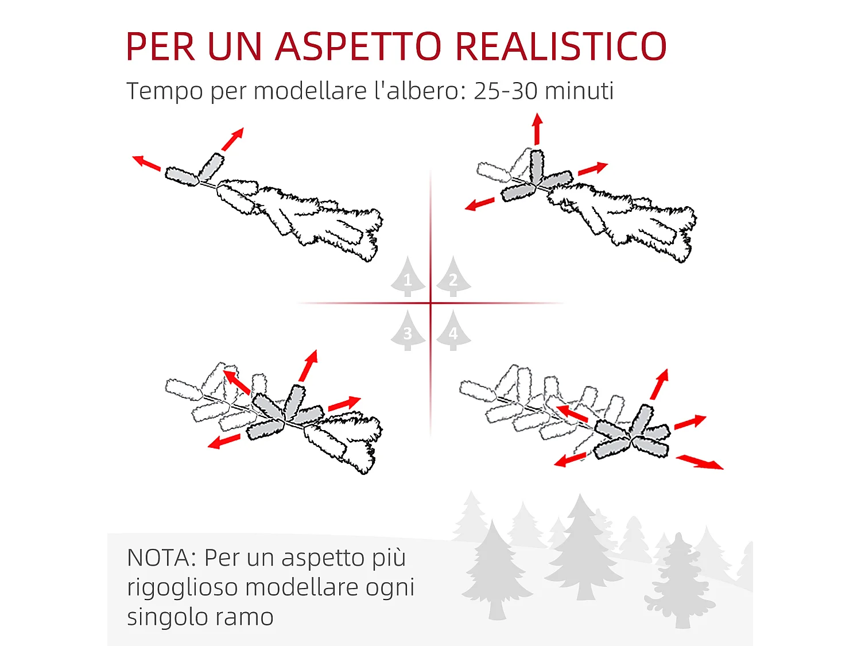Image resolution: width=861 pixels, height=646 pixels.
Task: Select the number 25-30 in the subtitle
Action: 505,91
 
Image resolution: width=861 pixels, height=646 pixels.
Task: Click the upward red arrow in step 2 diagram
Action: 537,129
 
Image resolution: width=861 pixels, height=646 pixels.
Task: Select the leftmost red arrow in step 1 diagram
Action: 146,163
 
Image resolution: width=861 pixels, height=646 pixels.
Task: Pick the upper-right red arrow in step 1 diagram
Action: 232,139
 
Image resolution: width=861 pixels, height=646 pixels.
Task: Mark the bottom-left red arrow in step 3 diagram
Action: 224,441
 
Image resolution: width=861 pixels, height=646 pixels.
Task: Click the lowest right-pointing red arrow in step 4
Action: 700,462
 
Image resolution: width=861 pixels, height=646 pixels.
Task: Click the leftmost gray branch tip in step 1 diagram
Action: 182,176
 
